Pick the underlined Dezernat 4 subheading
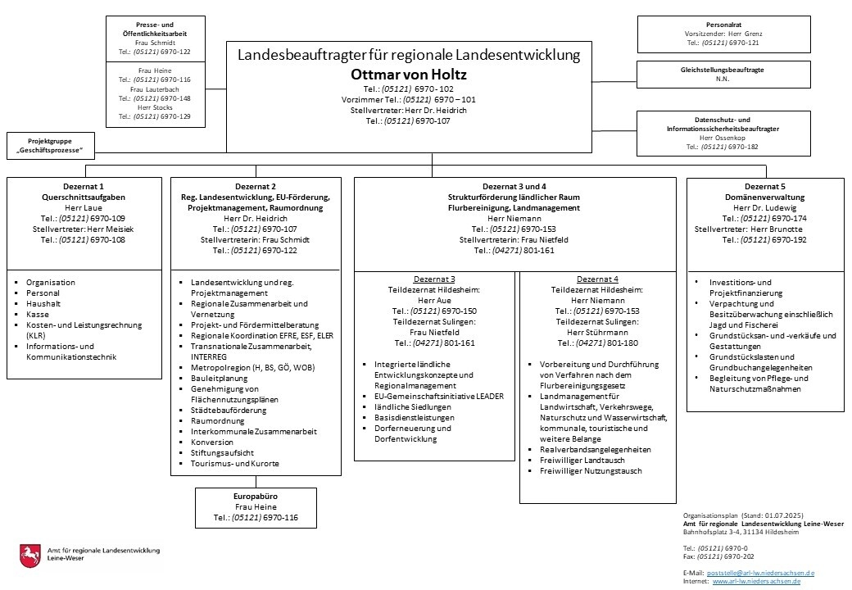tap(597, 279)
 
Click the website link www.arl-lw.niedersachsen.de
tap(756, 581)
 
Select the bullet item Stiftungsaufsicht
tap(222, 452)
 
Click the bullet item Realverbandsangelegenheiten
tap(596, 450)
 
